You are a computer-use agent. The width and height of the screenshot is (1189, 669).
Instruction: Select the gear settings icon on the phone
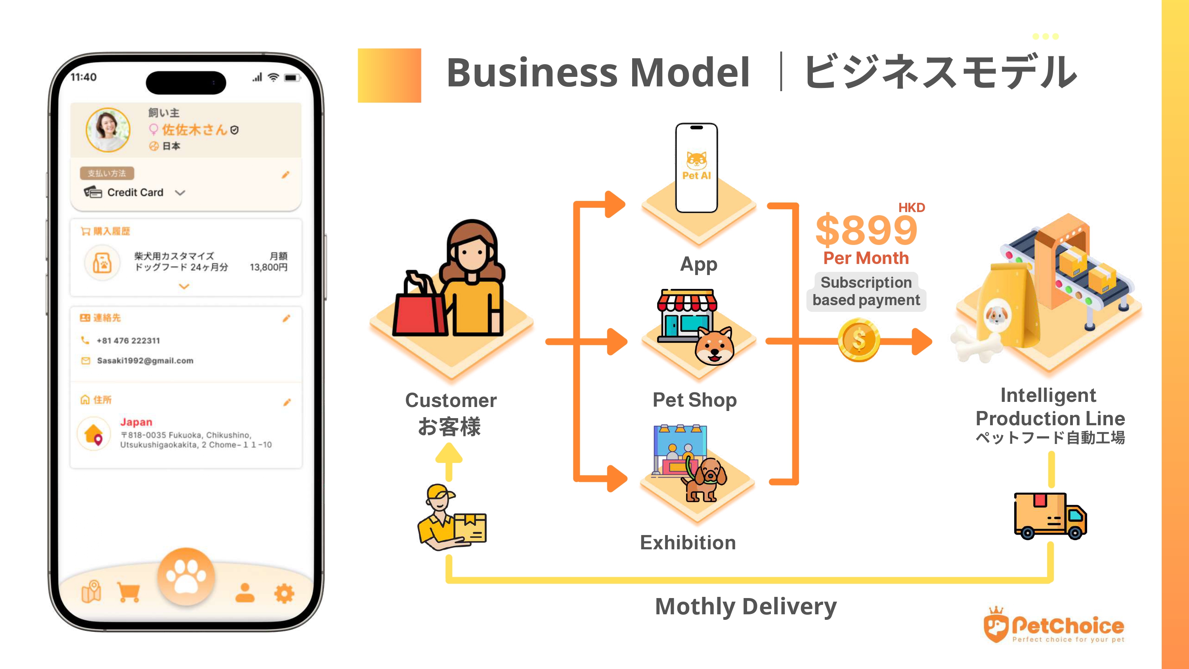[x=284, y=593]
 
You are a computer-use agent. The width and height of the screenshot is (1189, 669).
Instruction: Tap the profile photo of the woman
[x=109, y=130]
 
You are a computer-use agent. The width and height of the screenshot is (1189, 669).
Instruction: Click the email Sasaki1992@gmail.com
[x=145, y=361]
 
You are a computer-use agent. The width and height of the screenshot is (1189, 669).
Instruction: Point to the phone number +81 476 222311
[x=128, y=341]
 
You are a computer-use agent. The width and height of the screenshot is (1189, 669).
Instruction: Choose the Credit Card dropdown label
[x=135, y=193]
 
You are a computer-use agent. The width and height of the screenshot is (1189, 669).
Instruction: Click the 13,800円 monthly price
[x=269, y=268]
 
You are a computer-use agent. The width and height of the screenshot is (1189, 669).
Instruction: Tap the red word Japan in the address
[x=136, y=422]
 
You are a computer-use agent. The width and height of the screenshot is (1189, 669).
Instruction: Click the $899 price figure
[x=866, y=230]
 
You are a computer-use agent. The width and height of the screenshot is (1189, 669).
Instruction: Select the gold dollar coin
[x=858, y=340]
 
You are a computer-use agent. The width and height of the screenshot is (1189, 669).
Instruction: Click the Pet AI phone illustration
[x=696, y=167]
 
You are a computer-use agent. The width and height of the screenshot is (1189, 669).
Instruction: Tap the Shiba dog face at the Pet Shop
[x=714, y=346]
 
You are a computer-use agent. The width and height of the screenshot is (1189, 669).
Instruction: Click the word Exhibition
[x=688, y=543]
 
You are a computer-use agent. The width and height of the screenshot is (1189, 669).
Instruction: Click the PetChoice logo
[x=1054, y=627]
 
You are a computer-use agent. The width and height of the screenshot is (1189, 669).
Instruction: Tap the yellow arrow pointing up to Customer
[x=449, y=461]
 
